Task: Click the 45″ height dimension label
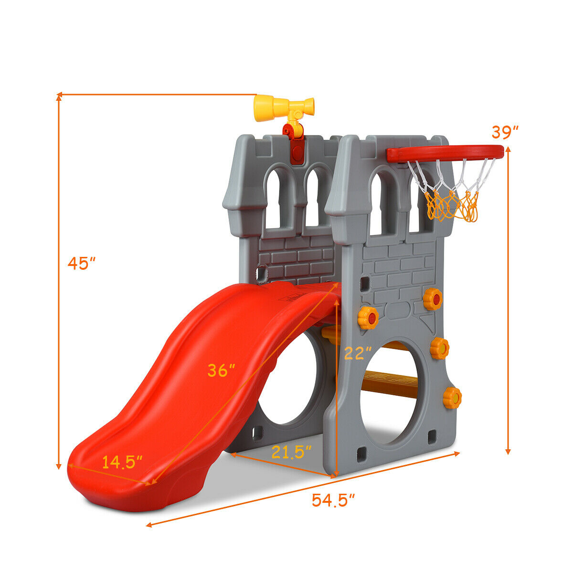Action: [82, 263]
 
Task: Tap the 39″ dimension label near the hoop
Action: [505, 132]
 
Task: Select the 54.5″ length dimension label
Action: [333, 500]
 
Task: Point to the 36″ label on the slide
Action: [221, 371]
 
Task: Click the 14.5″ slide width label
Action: [122, 462]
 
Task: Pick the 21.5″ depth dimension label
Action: [291, 452]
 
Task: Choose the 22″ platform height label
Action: [358, 353]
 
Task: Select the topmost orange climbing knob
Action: [433, 299]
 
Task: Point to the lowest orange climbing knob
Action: [452, 398]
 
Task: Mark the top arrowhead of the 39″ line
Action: [509, 149]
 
